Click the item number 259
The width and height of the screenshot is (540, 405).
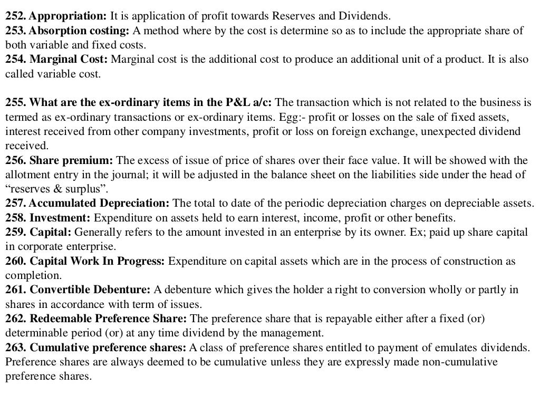14,232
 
